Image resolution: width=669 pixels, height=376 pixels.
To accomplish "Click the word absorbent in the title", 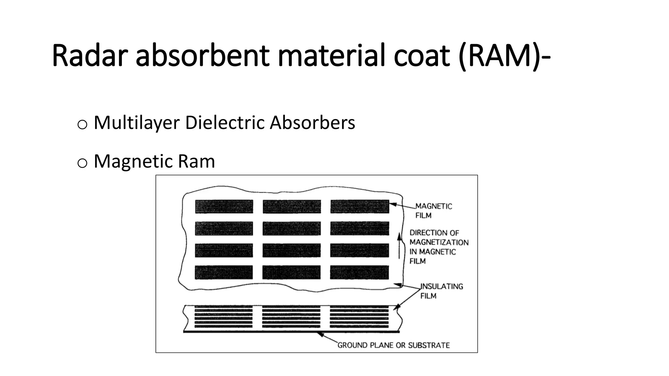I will [203, 56].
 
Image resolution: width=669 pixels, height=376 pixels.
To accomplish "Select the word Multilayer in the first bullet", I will [137, 123].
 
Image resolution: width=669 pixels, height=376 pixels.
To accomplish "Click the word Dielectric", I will [225, 123].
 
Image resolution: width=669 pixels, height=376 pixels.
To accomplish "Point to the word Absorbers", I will [312, 123].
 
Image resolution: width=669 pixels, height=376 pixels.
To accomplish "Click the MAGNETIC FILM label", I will [433, 211].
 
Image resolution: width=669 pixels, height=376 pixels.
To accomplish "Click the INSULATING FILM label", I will [441, 291].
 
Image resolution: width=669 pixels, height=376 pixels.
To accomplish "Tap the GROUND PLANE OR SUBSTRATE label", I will [393, 345].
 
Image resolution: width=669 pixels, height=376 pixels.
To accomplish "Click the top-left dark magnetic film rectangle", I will [224, 207].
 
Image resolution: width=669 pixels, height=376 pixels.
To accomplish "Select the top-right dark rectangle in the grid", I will [359, 207].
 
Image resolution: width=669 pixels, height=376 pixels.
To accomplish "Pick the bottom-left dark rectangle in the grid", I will [224, 272].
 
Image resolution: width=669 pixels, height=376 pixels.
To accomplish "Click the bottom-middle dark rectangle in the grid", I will [291, 272].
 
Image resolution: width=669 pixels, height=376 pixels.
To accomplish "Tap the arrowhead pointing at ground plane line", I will [321, 335].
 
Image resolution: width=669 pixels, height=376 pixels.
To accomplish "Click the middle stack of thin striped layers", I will [291, 317].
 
